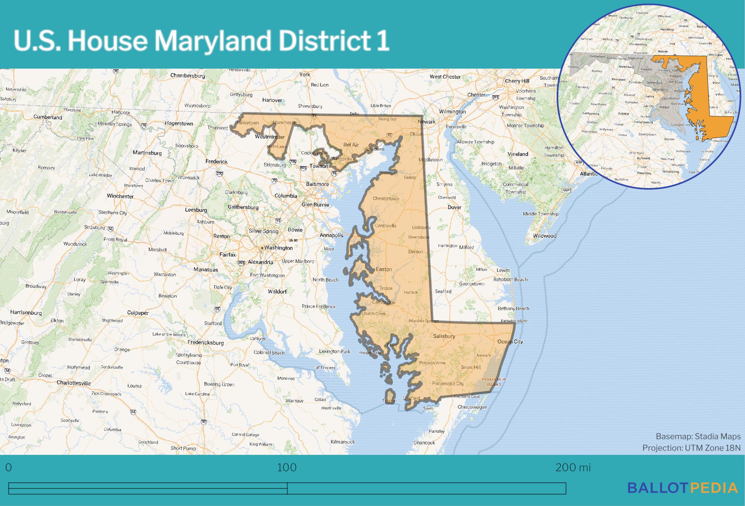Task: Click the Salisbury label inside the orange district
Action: [444, 336]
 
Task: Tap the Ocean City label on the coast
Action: [510, 341]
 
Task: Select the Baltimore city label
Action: [317, 184]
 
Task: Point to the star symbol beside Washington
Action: [262, 248]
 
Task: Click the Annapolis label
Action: [331, 235]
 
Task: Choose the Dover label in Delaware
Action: [454, 207]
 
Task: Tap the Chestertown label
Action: [386, 198]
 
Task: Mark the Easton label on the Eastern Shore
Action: [384, 269]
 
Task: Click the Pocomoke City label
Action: [448, 384]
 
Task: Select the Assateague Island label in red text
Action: [494, 382]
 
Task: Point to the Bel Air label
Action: [351, 145]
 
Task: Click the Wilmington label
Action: [452, 112]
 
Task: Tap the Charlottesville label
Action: [74, 383]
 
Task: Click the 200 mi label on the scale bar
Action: [573, 467]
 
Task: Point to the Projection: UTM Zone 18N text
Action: [691, 448]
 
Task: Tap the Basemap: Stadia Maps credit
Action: [698, 436]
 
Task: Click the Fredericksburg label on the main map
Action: [206, 343]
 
